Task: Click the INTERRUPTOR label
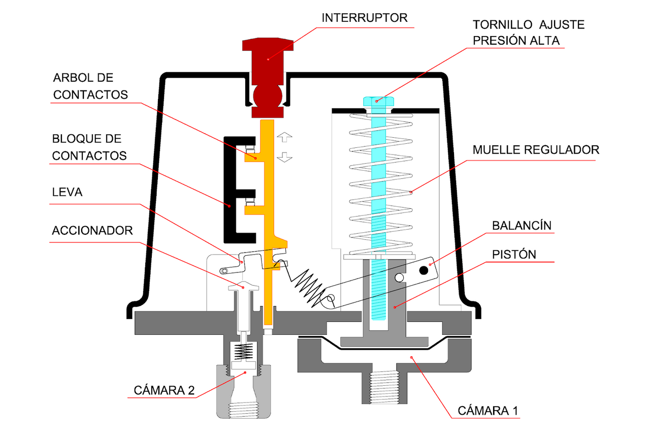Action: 364,18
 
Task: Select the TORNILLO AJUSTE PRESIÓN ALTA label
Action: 529,33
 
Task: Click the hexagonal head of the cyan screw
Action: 376,100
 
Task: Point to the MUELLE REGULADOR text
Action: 536,150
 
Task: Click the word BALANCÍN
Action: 522,226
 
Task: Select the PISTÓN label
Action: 514,254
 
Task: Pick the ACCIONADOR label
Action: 92,230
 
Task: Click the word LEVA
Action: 67,193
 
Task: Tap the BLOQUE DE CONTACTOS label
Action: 89,147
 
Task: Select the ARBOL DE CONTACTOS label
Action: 90,86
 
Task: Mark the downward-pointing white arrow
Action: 285,157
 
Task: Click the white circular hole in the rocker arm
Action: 400,277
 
